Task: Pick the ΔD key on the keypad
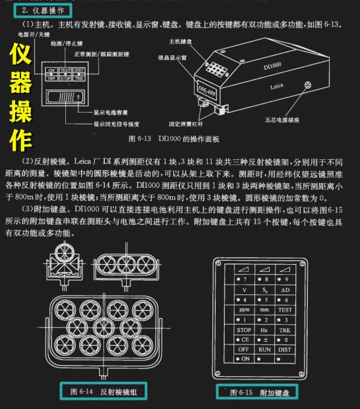285,289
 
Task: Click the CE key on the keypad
245,339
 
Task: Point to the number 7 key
245,279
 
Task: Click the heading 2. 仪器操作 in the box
42,10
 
